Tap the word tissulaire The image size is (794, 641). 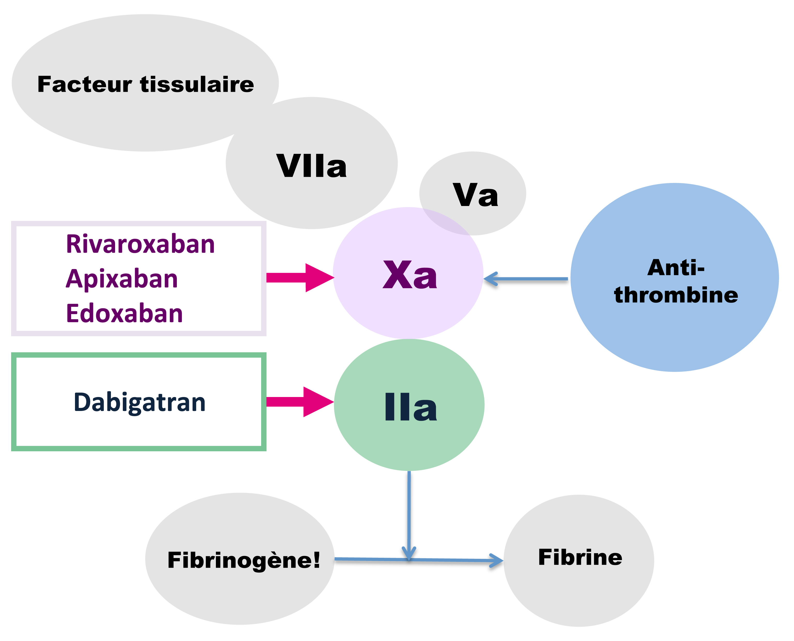pyautogui.click(x=197, y=85)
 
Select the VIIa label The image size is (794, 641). pyautogui.click(x=311, y=166)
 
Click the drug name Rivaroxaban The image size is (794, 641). pyautogui.click(x=140, y=245)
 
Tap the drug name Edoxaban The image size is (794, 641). pyautogui.click(x=124, y=314)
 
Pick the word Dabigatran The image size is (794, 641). pyautogui.click(x=140, y=402)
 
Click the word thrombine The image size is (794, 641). pyautogui.click(x=676, y=295)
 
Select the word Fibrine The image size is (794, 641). pyautogui.click(x=580, y=557)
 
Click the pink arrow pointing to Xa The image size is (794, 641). pyautogui.click(x=300, y=278)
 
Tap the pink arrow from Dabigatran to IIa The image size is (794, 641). pyautogui.click(x=300, y=402)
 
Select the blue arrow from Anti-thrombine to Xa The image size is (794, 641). pyautogui.click(x=526, y=279)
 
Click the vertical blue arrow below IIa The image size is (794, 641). pyautogui.click(x=409, y=513)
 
